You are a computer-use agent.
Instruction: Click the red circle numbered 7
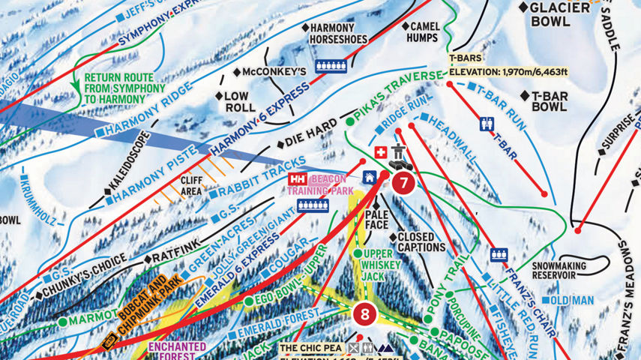pyautogui.click(x=404, y=182)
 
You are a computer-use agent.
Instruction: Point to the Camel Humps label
pyautogui.click(x=423, y=31)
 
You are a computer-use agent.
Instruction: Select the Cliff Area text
pyautogui.click(x=192, y=185)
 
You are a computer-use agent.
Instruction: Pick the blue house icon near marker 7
pyautogui.click(x=370, y=177)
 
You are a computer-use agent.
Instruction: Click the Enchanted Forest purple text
pyautogui.click(x=176, y=351)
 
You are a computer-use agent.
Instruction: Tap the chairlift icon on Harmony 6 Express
pyautogui.click(x=331, y=66)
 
